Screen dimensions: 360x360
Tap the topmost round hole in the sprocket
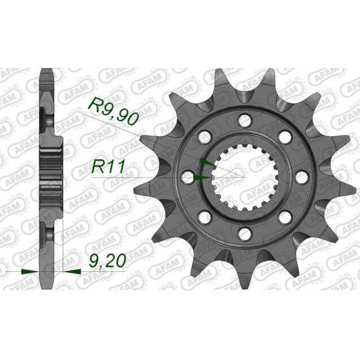(244, 119)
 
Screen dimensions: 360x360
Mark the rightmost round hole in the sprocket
(301, 176)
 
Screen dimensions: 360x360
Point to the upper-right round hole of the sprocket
(284, 136)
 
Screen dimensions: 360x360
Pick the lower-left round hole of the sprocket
(204, 217)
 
